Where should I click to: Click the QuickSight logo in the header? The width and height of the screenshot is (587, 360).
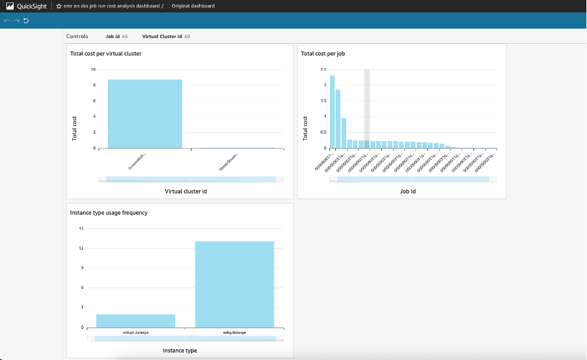[x=11, y=6]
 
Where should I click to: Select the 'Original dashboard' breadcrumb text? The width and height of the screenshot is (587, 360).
[x=193, y=6]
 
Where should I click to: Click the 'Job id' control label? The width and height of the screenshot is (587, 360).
[x=112, y=36]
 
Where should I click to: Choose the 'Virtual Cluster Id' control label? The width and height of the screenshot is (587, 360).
[x=162, y=36]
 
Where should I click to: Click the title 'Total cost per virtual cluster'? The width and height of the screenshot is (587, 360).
[x=105, y=54]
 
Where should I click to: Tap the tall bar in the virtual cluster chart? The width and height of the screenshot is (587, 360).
[x=145, y=114]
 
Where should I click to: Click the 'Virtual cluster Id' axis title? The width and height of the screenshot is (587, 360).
[x=185, y=191]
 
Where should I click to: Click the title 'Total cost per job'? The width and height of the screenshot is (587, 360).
[x=323, y=54]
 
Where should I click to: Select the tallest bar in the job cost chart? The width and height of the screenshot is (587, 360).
[x=332, y=112]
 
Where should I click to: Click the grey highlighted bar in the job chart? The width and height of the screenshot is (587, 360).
[x=367, y=109]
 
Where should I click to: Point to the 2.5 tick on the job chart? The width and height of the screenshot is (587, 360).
[x=323, y=69]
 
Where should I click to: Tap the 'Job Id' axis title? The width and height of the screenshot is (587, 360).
[x=407, y=191]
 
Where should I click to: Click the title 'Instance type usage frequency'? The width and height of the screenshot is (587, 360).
[x=109, y=213]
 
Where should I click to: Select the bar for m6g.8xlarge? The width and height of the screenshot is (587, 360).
[x=234, y=284]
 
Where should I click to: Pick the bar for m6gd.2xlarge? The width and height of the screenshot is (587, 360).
[x=135, y=321]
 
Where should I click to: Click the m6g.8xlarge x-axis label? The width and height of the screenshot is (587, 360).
[x=234, y=332]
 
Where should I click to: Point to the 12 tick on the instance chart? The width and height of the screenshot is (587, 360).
[x=81, y=248]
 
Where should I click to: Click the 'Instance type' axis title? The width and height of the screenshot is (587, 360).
[x=180, y=351]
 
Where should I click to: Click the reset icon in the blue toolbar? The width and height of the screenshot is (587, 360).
[x=26, y=21]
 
